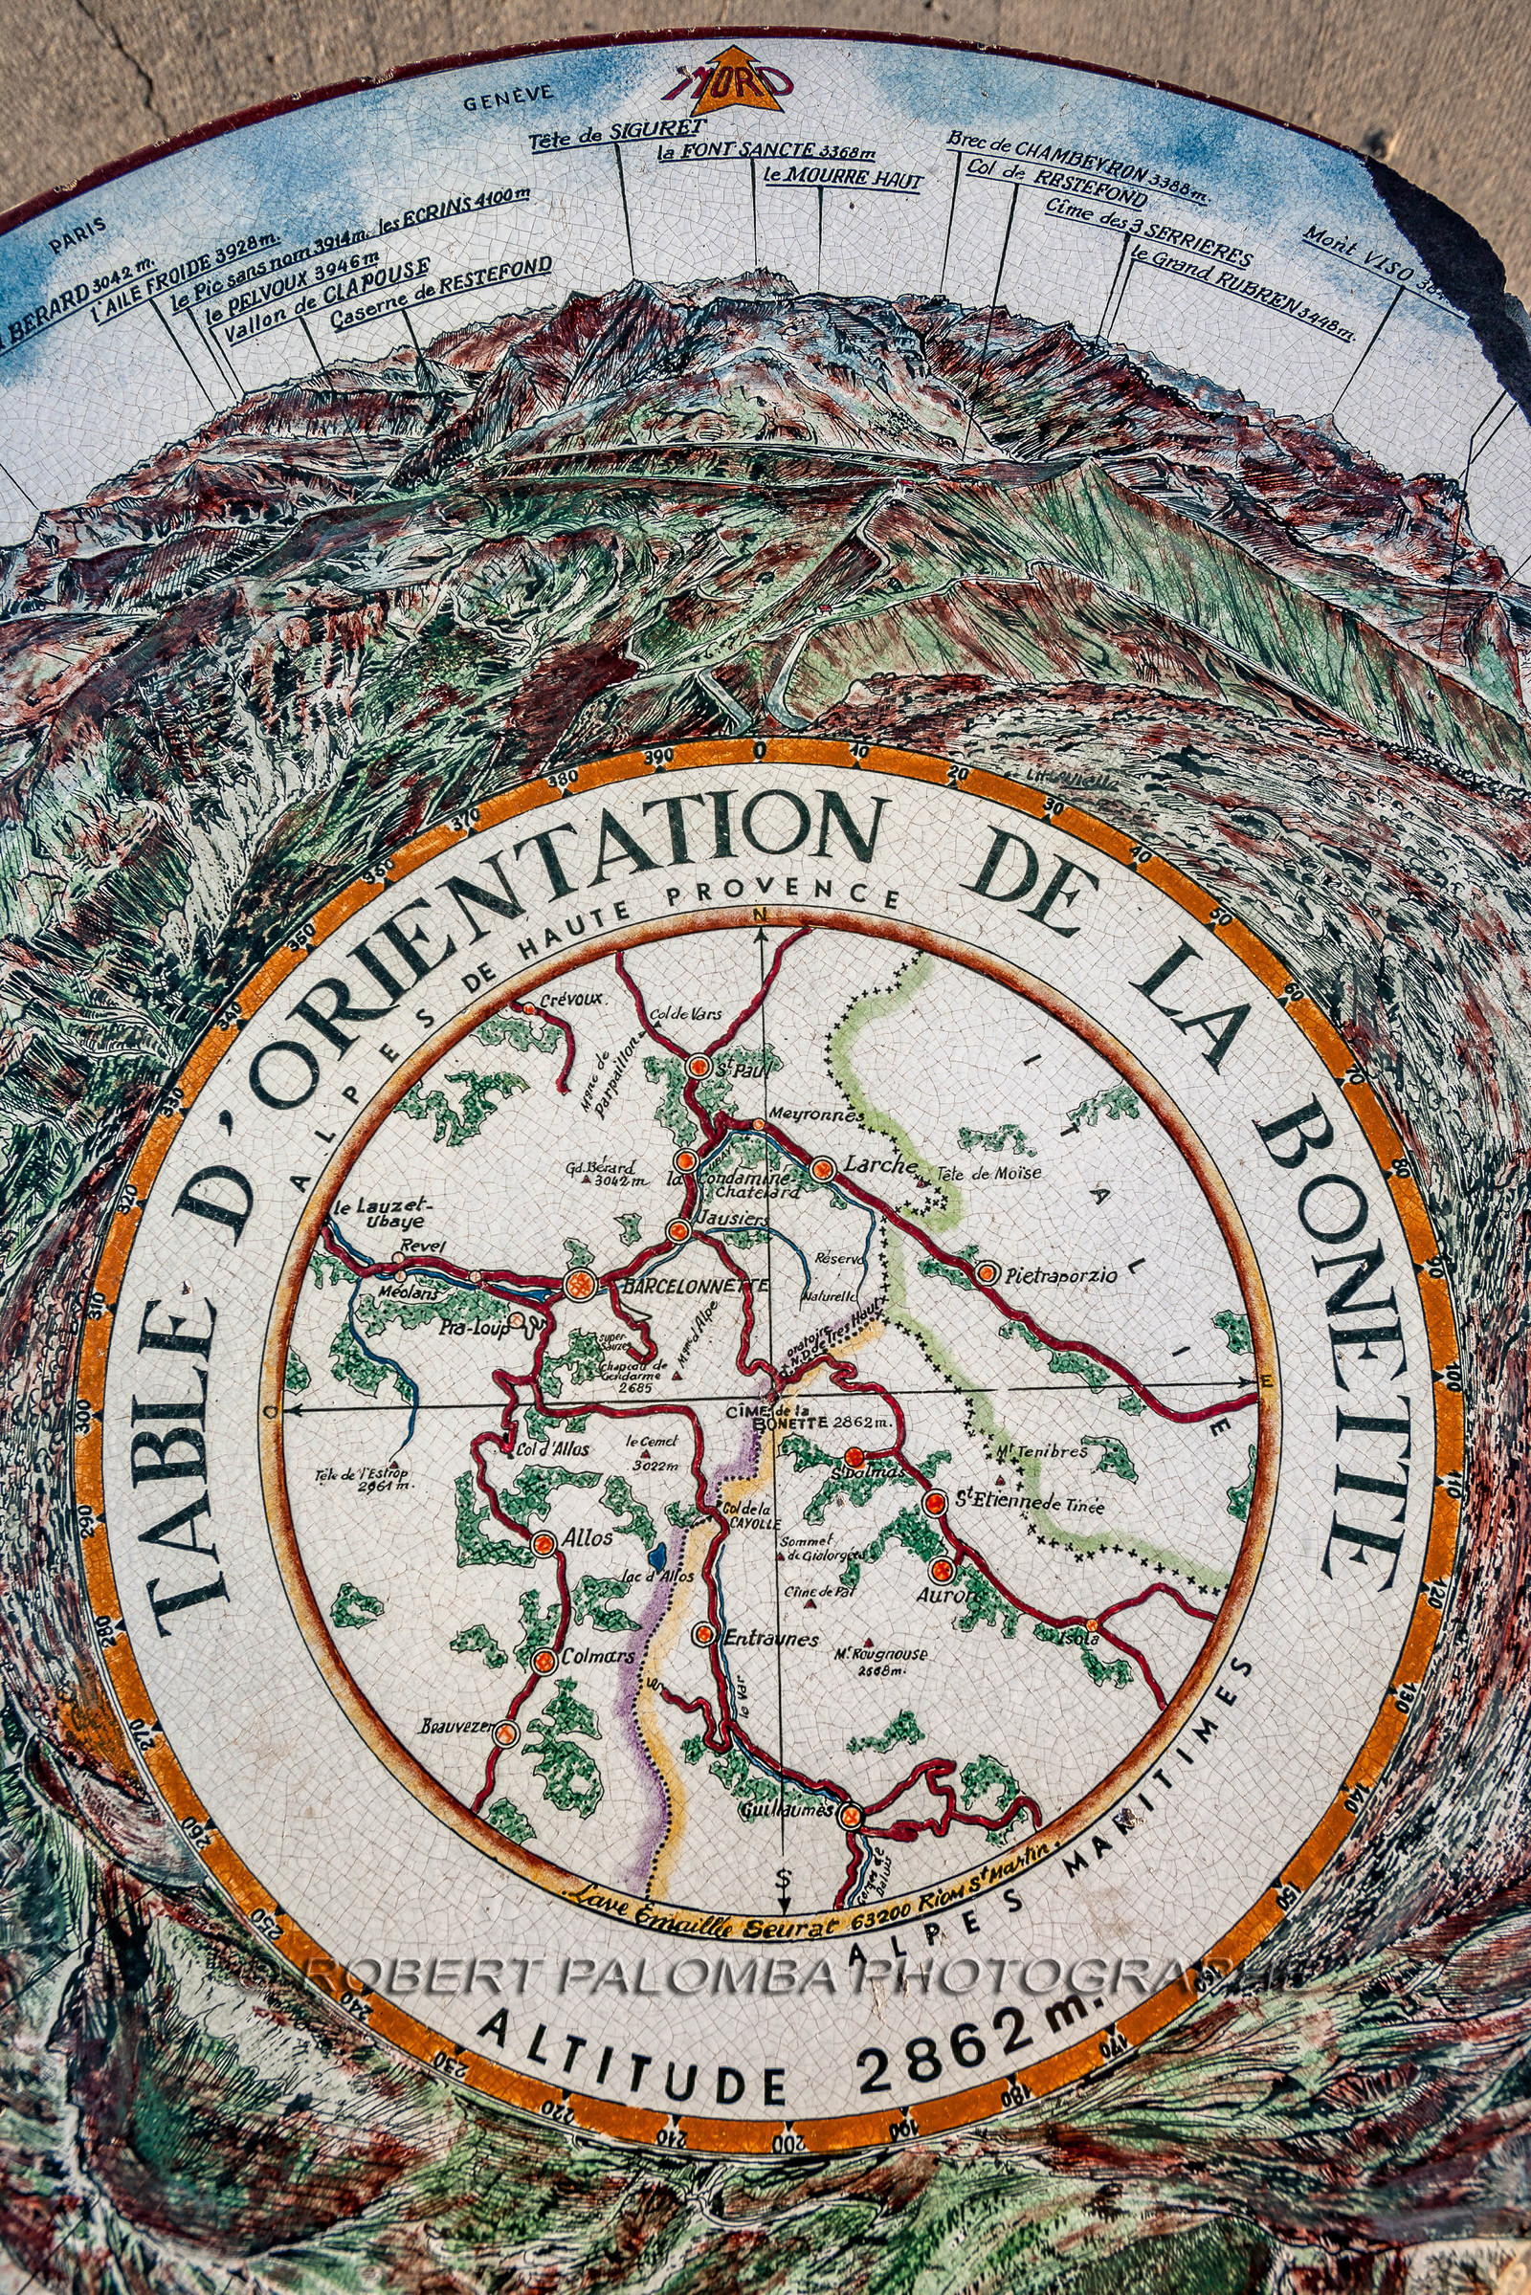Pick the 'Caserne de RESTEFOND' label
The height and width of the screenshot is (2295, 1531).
point(441,297)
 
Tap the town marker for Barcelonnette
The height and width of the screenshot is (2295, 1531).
point(579,1285)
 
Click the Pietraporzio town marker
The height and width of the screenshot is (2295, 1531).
point(987,1272)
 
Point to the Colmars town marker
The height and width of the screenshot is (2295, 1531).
point(544,1661)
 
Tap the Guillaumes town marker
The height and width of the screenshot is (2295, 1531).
point(852,1815)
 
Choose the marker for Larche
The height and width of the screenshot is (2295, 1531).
point(823,1167)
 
